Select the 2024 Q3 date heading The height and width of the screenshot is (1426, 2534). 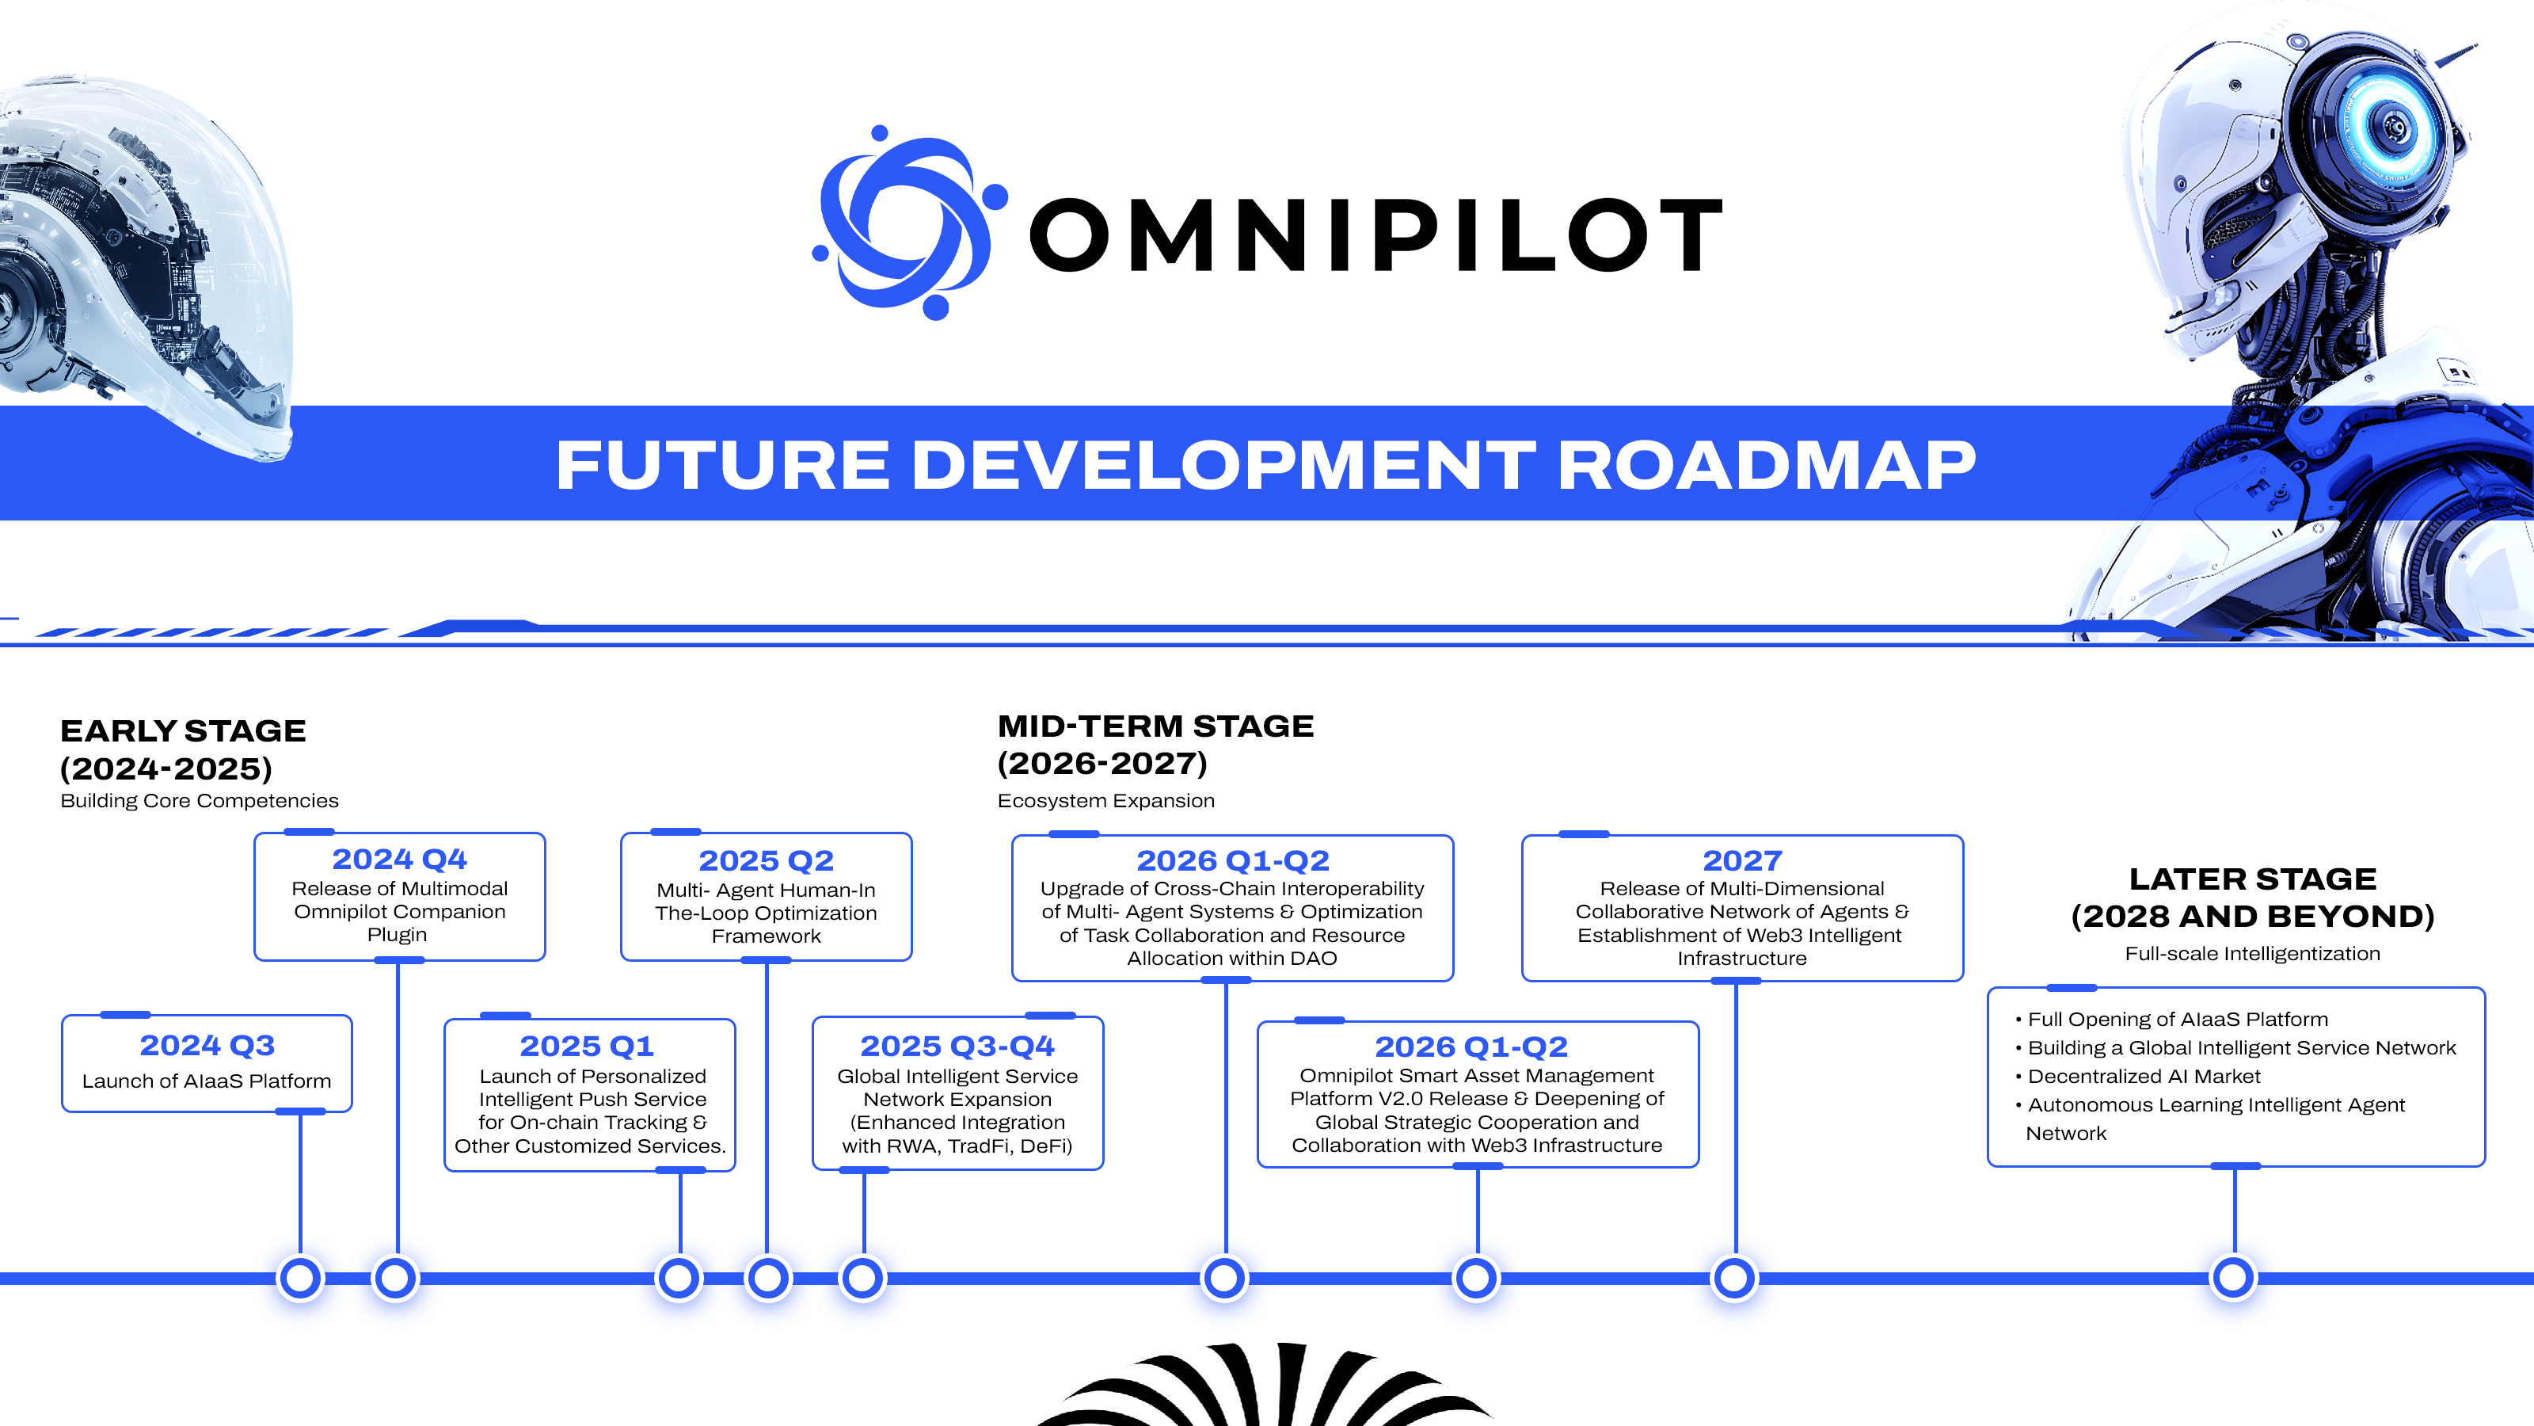pyautogui.click(x=207, y=1045)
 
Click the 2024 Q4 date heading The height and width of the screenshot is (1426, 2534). pyautogui.click(x=399, y=859)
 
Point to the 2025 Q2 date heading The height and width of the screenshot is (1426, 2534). pyautogui.click(x=767, y=861)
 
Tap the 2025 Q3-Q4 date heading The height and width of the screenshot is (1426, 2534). pyautogui.click(x=957, y=1046)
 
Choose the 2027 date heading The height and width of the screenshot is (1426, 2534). pyautogui.click(x=1742, y=861)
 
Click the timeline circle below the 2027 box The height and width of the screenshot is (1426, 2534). pyautogui.click(x=1734, y=1279)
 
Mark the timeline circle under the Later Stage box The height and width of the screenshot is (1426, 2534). pyautogui.click(x=2233, y=1279)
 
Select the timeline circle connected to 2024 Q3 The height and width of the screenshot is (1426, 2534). pyautogui.click(x=300, y=1279)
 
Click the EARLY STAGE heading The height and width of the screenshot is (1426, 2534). pyautogui.click(x=183, y=731)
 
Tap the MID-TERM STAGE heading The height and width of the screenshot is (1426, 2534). pyautogui.click(x=1156, y=726)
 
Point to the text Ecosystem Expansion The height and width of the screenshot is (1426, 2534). pyautogui.click(x=1105, y=801)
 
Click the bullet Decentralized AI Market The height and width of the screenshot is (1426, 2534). pyautogui.click(x=2144, y=1077)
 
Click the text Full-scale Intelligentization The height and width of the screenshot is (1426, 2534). pyautogui.click(x=2253, y=954)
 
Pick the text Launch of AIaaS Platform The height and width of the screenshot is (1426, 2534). pyautogui.click(x=207, y=1081)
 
